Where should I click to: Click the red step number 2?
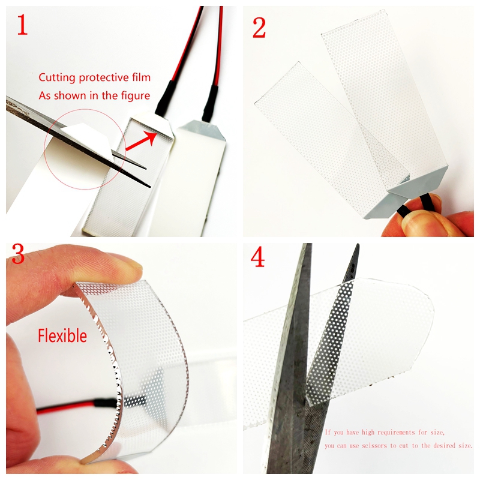click(259, 26)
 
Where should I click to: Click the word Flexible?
click(62, 335)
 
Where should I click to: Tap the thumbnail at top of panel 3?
click(123, 263)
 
